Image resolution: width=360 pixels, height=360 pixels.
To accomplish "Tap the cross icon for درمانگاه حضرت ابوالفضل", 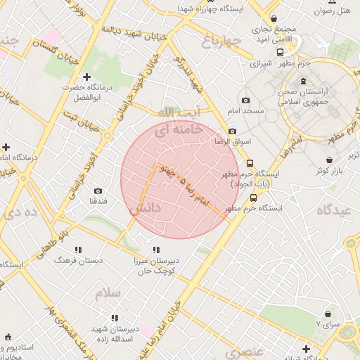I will [86, 76].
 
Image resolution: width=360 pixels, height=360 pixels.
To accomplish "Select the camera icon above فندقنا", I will [97, 191].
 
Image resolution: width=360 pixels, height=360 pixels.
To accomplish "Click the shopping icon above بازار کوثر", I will [330, 160].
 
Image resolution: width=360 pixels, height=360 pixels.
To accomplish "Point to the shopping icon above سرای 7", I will [328, 314].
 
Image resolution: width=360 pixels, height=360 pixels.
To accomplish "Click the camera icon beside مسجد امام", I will [245, 101].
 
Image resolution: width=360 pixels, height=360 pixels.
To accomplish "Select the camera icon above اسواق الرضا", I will [233, 131].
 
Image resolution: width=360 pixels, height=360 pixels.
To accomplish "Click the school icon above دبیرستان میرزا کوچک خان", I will [155, 250].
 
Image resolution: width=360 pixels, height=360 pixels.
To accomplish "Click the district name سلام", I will [109, 292].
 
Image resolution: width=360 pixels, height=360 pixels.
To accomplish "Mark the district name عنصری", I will [247, 350].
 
